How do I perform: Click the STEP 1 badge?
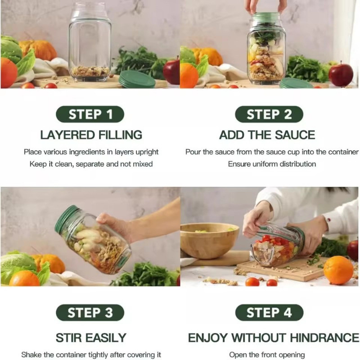90,114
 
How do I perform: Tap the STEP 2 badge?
269,114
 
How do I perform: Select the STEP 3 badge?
90,312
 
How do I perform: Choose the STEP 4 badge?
269,312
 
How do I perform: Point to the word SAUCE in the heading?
295,135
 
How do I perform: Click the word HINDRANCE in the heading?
324,338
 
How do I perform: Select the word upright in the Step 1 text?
147,152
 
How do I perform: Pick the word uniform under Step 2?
265,164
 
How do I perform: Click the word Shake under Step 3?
31,355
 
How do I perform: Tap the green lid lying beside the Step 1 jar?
137,80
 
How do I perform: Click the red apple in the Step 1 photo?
171,72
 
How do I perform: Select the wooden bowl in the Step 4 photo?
209,240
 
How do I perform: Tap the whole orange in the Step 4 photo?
338,270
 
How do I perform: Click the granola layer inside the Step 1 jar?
90,71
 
